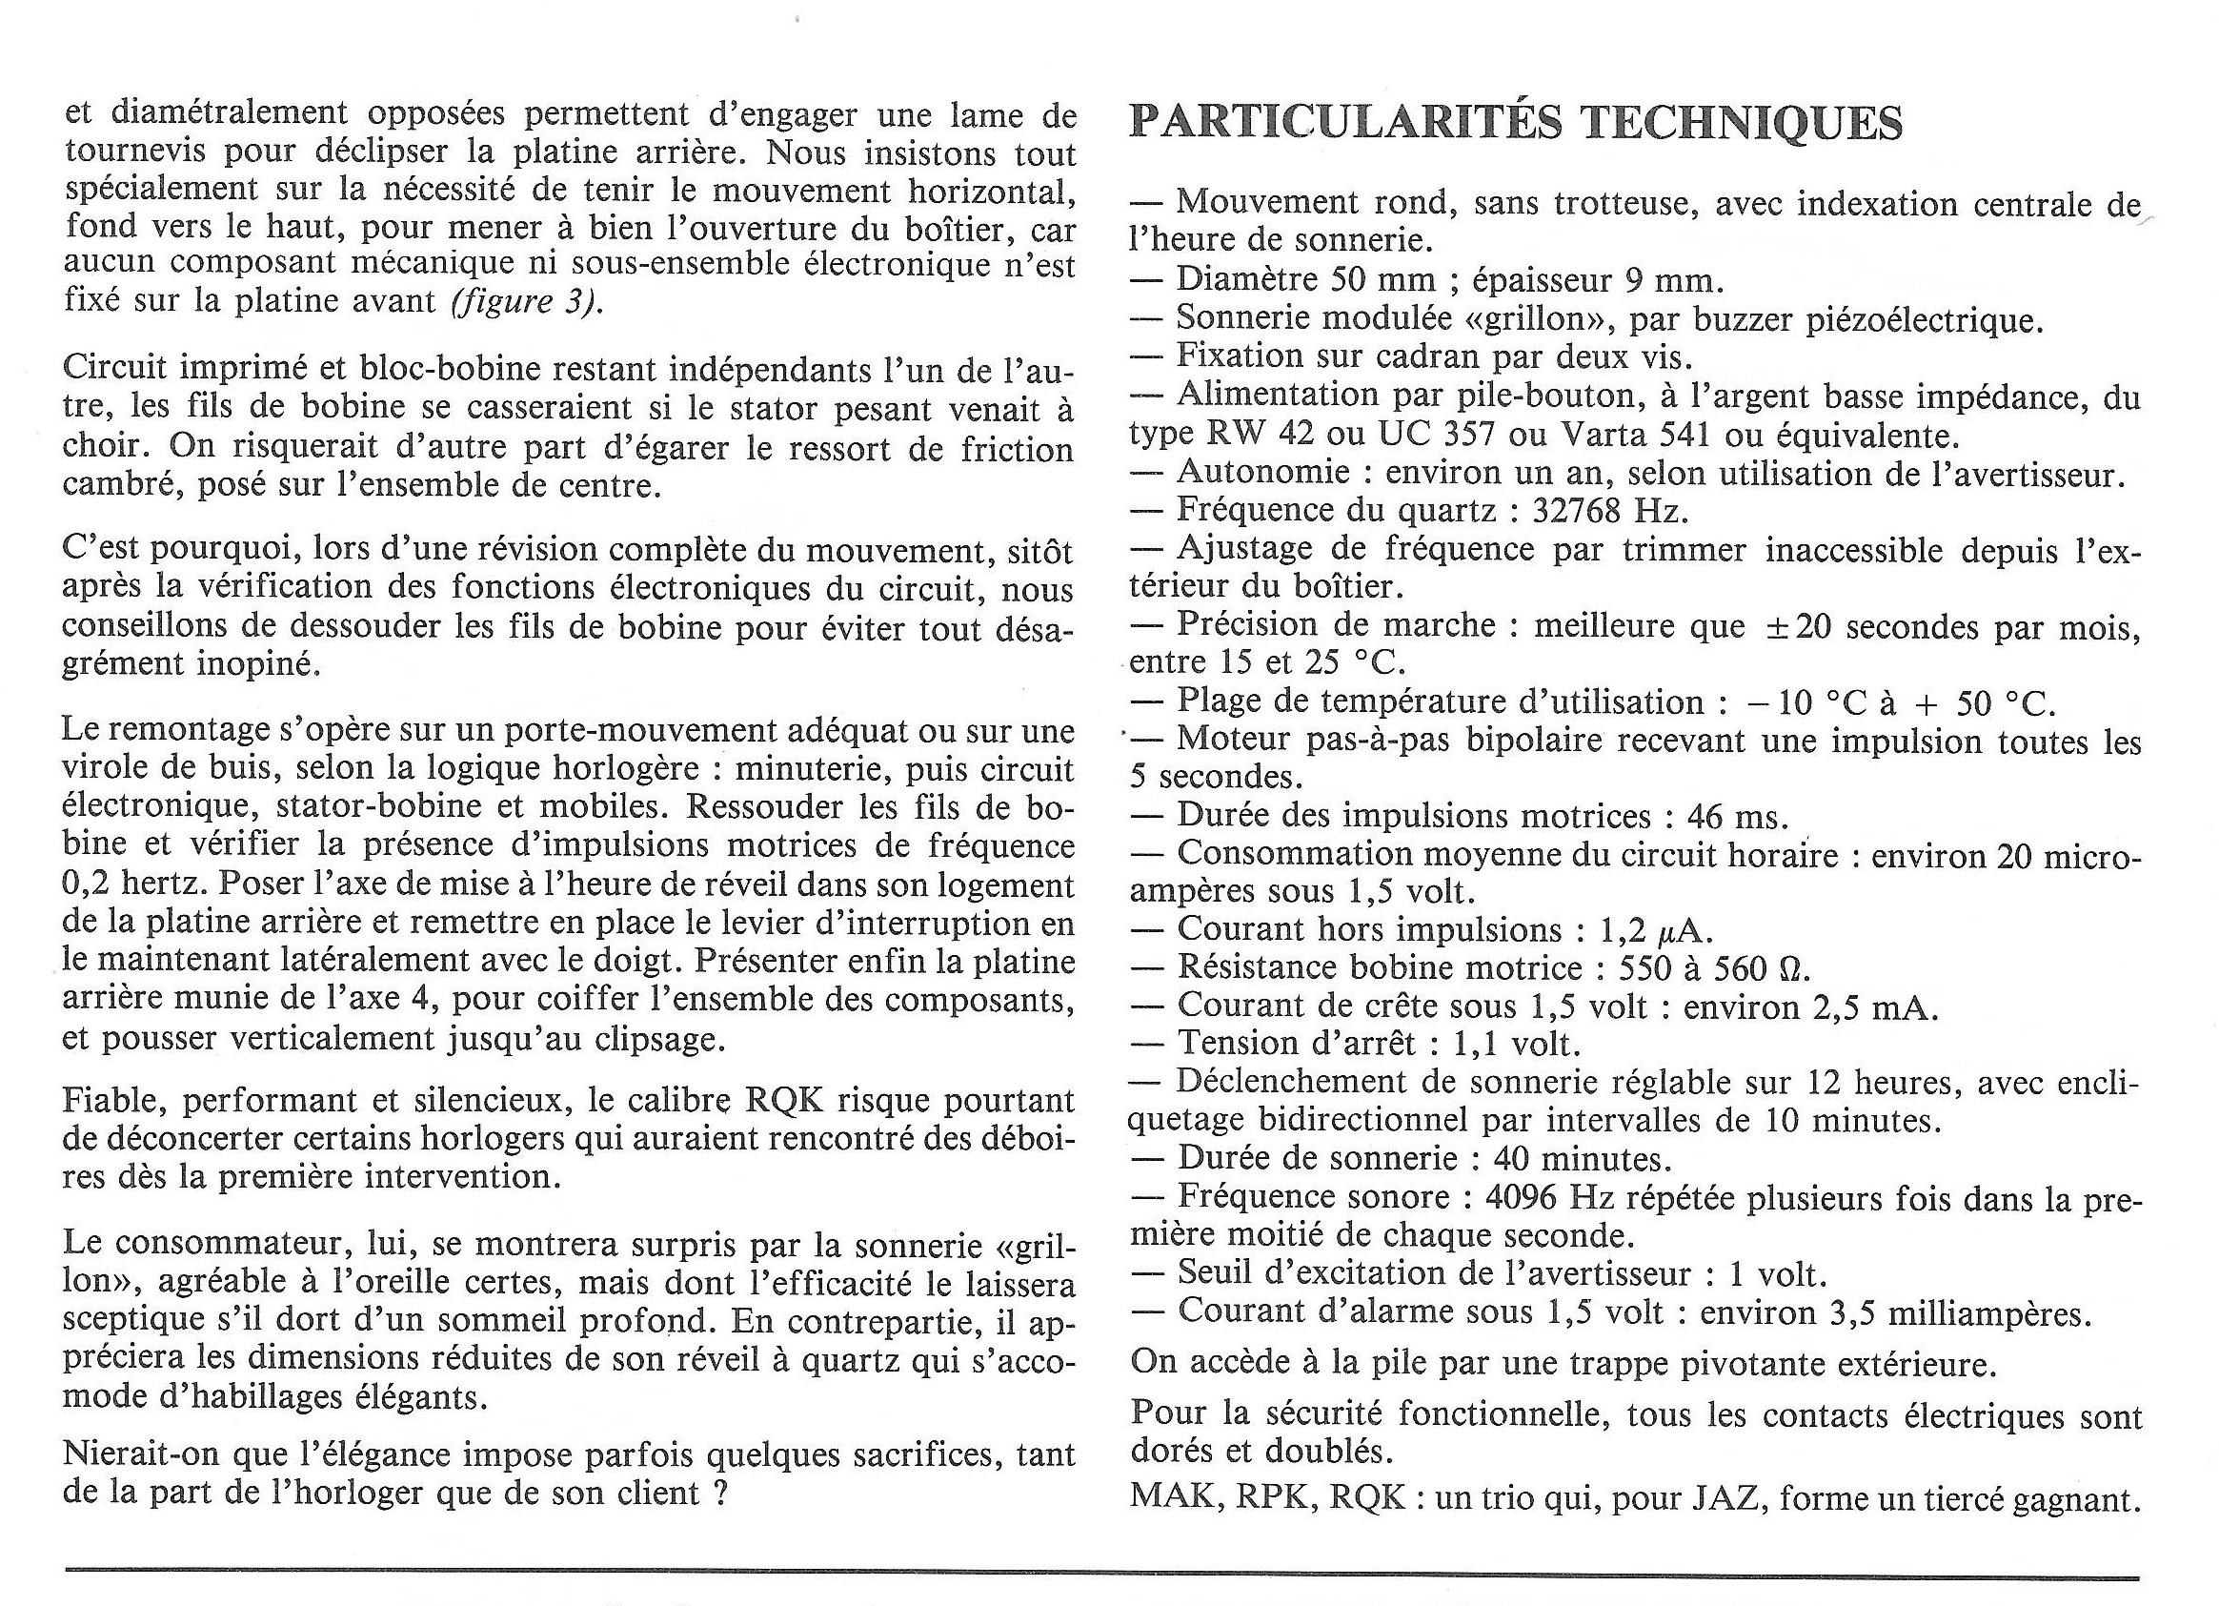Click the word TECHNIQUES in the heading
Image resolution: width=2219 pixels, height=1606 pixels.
pos(1743,124)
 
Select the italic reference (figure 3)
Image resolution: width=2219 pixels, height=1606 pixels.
pos(527,300)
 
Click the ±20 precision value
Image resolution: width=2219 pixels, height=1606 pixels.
pos(1798,626)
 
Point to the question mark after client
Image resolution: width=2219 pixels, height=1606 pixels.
pos(721,1494)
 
